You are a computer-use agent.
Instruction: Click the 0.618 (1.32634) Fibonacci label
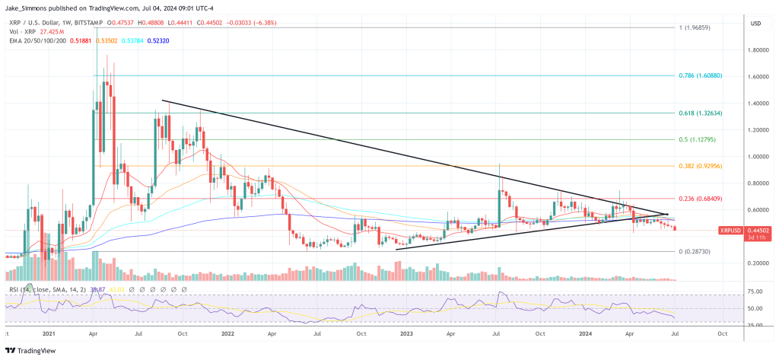click(701, 113)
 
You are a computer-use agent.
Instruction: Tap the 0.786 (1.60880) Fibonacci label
click(701, 76)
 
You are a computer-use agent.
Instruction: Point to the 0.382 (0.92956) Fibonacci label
click(701, 166)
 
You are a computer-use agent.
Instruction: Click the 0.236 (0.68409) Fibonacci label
click(701, 199)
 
